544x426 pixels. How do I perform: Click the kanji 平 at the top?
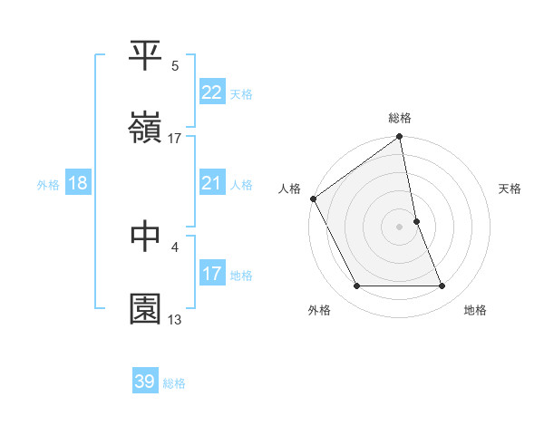point(146,56)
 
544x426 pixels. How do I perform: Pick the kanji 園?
point(146,308)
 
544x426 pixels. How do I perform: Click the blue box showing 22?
point(211,92)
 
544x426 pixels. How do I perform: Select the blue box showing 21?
point(211,183)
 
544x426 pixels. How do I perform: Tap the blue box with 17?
point(211,273)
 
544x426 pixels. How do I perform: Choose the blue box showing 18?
point(77,183)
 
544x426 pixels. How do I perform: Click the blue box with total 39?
point(145,382)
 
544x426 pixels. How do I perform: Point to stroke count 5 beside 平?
point(175,66)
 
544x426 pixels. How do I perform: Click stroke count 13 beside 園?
point(175,319)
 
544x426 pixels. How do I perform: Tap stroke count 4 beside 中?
point(175,247)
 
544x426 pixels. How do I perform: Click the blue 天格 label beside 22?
point(241,93)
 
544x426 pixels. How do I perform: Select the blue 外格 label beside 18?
point(48,184)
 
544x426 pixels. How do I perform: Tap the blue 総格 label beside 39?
point(174,383)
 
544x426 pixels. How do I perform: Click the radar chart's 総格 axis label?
point(400,118)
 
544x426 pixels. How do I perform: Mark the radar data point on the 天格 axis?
point(417,220)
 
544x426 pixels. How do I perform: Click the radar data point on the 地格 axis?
point(442,286)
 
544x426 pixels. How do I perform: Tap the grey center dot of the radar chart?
point(400,226)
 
